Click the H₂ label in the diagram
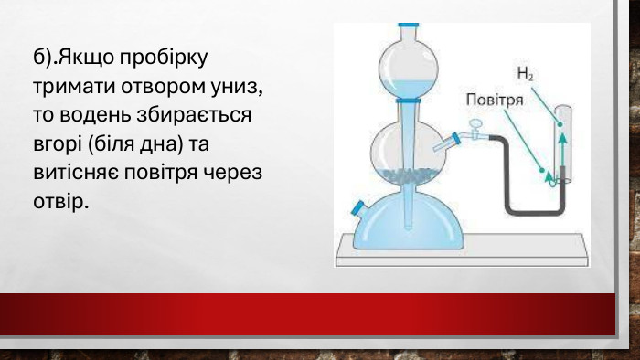click(x=524, y=73)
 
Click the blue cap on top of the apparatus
click(x=408, y=25)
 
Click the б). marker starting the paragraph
click(x=44, y=57)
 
